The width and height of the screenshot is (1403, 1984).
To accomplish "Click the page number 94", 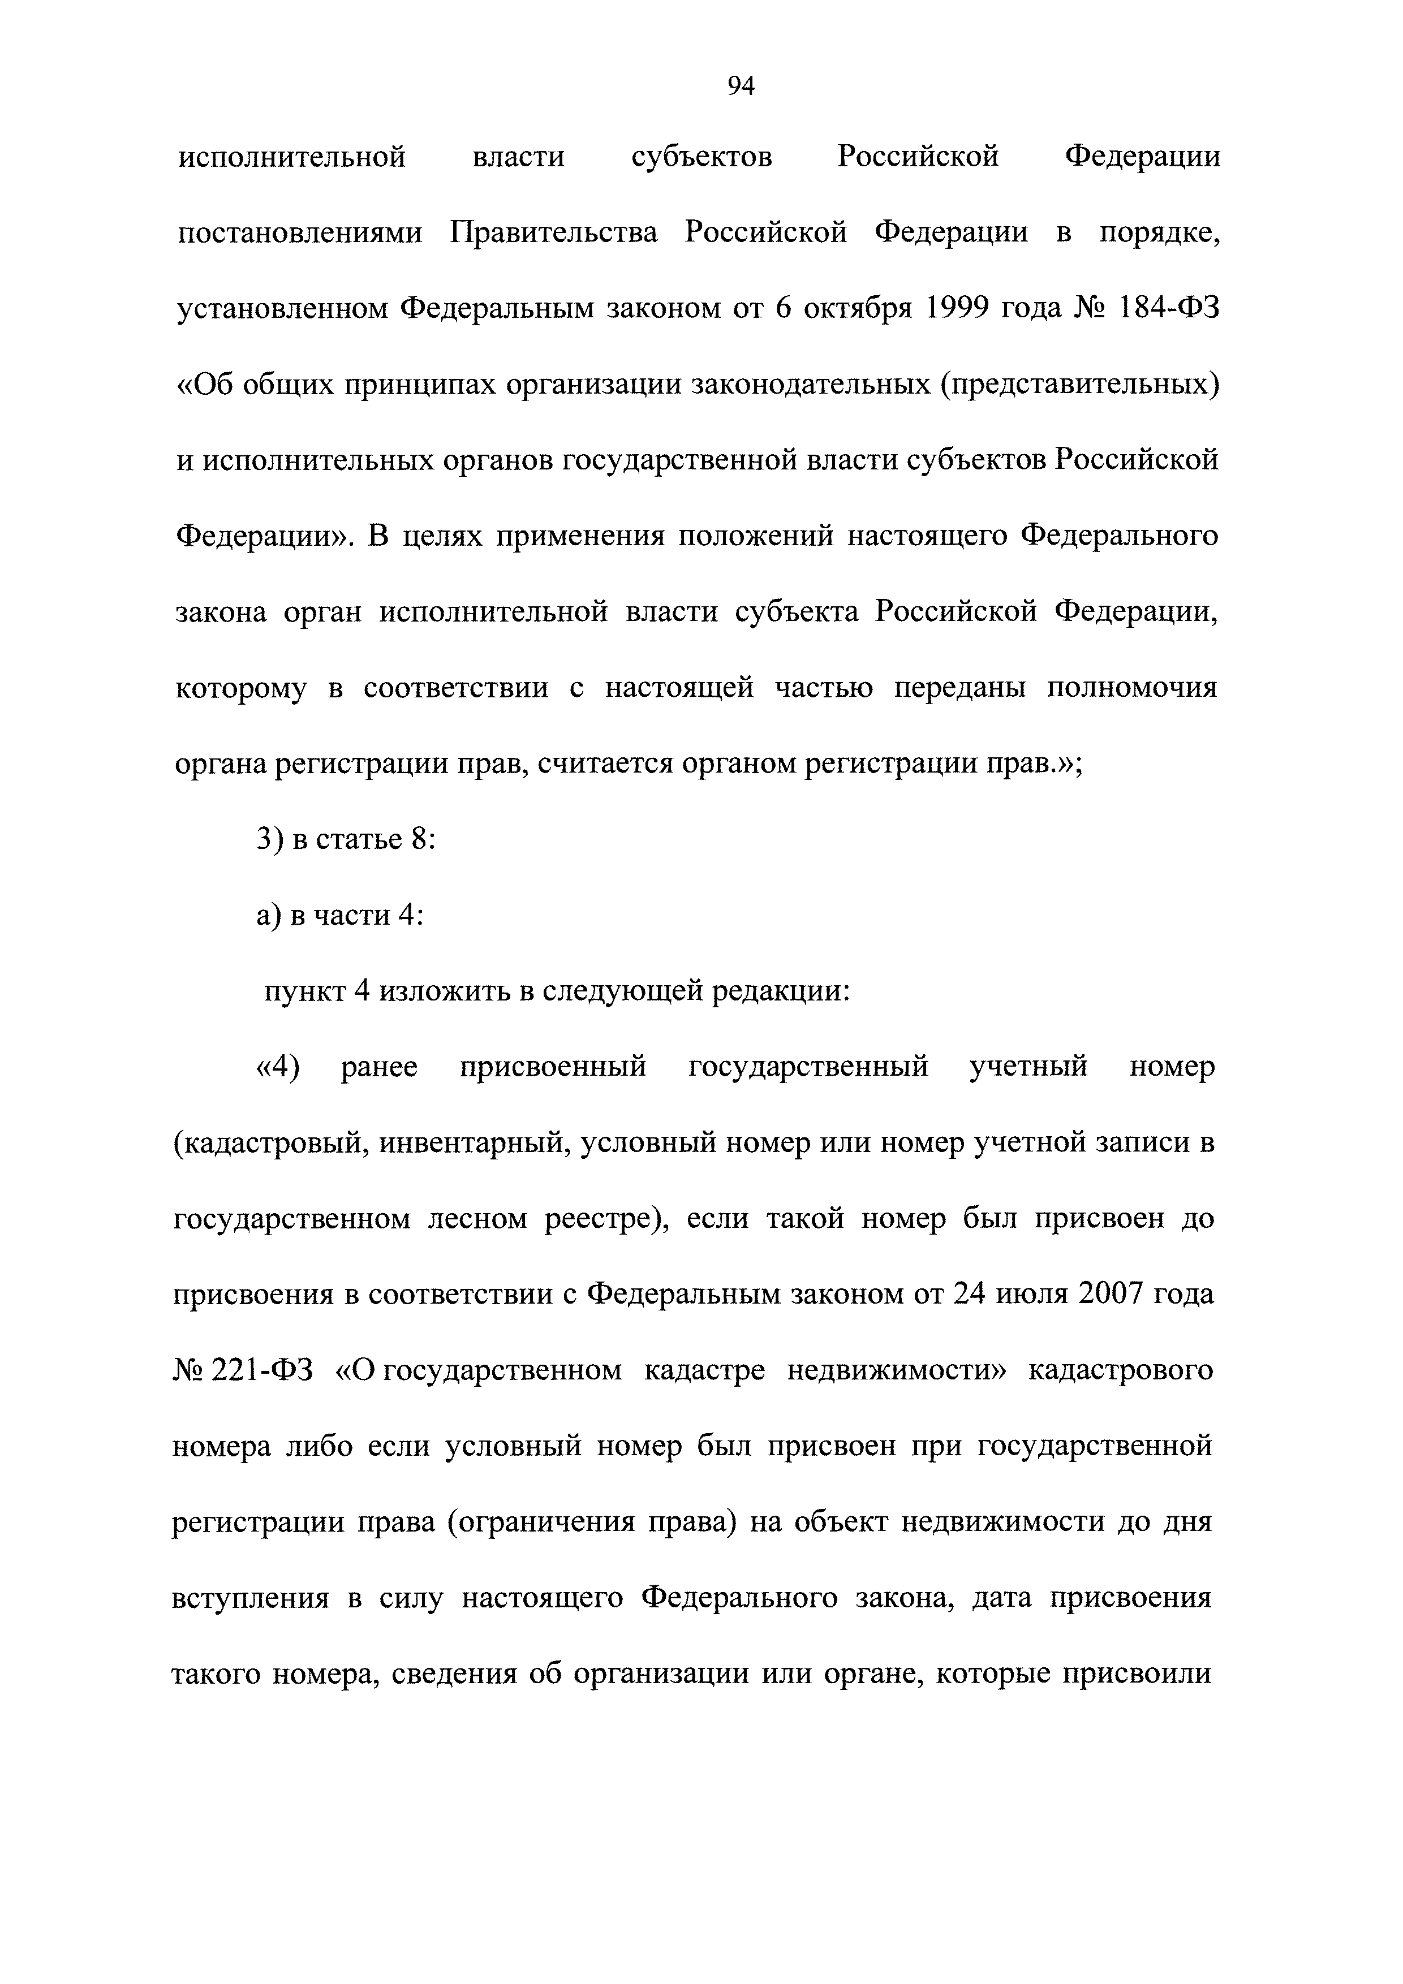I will coord(741,85).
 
